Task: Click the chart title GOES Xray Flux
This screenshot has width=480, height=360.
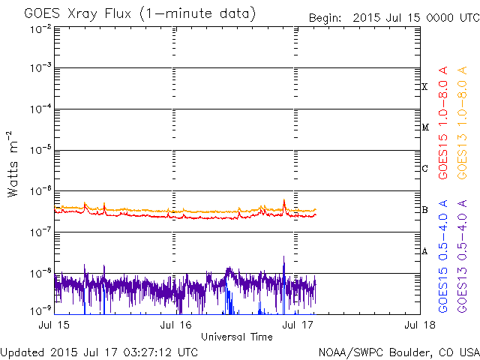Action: click(139, 14)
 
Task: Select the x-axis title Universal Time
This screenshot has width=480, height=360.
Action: click(237, 337)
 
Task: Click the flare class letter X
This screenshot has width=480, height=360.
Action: click(424, 87)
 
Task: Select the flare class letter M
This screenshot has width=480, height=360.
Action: click(424, 127)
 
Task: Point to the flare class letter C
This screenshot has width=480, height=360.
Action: click(424, 169)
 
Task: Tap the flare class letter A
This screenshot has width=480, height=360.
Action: click(424, 251)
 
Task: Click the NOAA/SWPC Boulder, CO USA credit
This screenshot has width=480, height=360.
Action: click(398, 352)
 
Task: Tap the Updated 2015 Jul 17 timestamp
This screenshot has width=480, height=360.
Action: click(100, 352)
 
